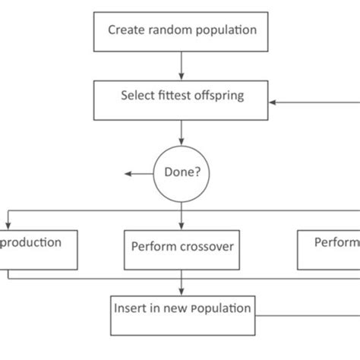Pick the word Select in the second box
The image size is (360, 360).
(137, 96)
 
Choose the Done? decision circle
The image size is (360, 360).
(182, 173)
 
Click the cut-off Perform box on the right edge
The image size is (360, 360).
(328, 249)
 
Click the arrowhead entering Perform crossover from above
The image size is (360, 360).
(182, 225)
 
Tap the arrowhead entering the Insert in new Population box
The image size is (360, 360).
(182, 291)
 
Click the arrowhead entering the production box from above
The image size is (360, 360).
(8, 225)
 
